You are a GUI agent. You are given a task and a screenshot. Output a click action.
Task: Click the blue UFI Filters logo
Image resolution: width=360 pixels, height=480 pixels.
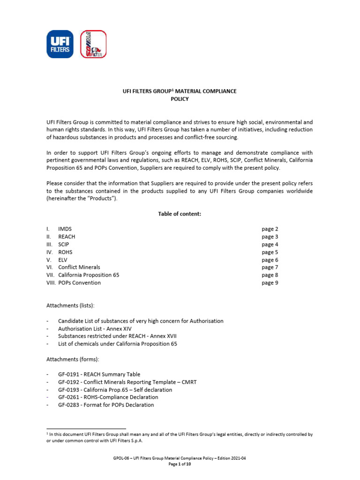[x=60, y=44]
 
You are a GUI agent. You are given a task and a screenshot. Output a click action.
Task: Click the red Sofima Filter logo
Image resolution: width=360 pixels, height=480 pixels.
[x=93, y=44]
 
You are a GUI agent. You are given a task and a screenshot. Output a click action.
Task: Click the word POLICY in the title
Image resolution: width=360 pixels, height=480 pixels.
[x=180, y=99]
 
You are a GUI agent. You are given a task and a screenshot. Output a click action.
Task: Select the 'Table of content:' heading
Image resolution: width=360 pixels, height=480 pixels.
[x=180, y=214]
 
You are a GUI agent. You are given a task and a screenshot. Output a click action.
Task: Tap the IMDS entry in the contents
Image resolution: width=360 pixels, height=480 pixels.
[x=66, y=229]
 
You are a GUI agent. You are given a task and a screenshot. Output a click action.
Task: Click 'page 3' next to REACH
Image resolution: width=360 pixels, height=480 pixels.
[x=270, y=237]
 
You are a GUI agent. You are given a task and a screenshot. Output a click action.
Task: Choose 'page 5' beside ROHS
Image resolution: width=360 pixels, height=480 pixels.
[x=270, y=252]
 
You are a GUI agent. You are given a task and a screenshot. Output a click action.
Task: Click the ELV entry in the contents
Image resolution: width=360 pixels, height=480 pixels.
[x=63, y=260]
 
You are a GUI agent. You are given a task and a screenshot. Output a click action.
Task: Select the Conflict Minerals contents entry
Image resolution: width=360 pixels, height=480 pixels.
[x=79, y=267]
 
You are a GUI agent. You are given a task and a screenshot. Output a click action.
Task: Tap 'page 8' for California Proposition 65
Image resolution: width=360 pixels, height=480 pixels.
[x=270, y=275]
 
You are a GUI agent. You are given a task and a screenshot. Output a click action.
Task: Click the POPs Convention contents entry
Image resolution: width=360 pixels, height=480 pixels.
[x=79, y=283]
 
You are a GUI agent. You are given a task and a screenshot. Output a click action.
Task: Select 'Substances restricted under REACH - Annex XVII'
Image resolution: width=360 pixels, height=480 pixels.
[x=117, y=336]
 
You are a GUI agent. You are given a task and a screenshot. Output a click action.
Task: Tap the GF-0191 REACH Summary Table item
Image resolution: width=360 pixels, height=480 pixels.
[x=103, y=375]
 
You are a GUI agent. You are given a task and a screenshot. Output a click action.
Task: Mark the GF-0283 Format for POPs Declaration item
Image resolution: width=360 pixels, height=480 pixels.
[x=106, y=405]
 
